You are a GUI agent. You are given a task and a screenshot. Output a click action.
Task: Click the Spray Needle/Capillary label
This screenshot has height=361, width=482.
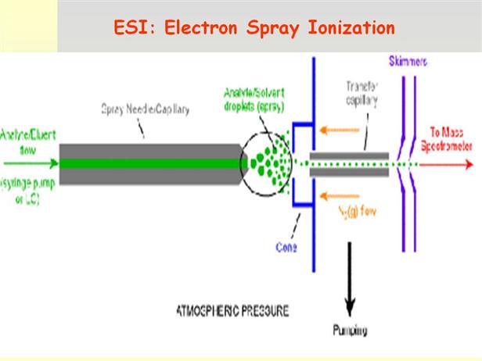pos(146,109)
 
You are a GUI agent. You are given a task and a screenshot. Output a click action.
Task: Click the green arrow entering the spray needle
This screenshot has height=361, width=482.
pos(31,164)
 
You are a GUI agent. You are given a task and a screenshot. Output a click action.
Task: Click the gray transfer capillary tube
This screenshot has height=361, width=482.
pos(348,164)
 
